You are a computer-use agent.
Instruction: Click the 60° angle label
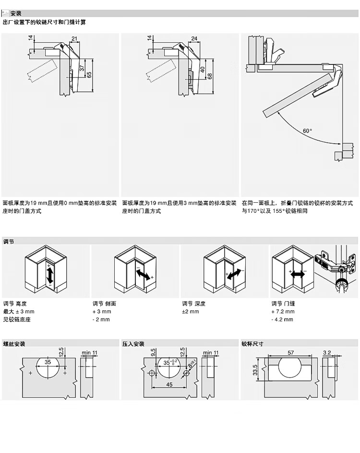307,130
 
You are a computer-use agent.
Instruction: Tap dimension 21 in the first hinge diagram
74,38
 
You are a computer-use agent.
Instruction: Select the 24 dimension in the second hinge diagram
194,38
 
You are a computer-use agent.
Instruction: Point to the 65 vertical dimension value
89,75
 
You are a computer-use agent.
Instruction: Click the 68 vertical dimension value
210,75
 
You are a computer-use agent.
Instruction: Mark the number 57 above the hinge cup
291,352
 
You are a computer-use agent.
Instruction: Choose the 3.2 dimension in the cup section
327,352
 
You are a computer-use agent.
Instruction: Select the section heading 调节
9,241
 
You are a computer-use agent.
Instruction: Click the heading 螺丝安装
14,343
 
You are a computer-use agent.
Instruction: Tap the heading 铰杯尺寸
252,343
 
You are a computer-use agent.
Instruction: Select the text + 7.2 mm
283,311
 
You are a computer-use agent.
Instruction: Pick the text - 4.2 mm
282,319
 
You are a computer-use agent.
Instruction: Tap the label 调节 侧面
104,304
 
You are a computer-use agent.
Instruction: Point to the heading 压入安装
133,343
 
